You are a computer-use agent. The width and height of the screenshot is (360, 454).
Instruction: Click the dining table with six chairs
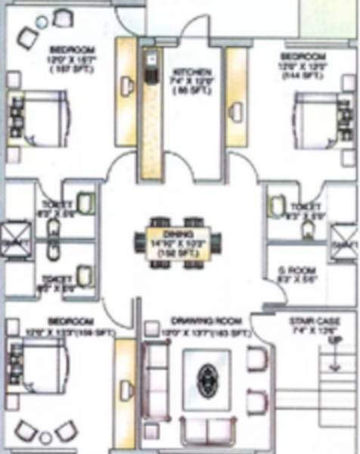point(179,244)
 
